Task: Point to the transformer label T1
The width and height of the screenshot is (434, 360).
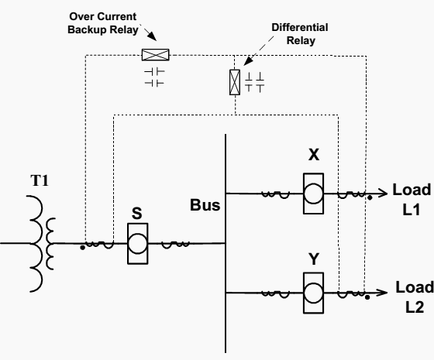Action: tap(40, 180)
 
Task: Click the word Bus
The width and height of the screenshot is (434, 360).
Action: tap(205, 205)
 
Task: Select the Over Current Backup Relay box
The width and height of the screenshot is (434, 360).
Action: tap(155, 55)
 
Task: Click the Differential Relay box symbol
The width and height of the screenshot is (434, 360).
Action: tap(235, 82)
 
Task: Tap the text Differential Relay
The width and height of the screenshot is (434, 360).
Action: tap(300, 34)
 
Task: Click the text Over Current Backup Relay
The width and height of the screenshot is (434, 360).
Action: tap(103, 23)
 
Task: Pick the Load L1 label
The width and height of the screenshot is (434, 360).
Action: tap(412, 200)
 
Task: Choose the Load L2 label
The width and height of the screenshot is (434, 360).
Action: tap(415, 297)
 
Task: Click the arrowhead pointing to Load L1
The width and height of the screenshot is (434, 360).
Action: tap(384, 193)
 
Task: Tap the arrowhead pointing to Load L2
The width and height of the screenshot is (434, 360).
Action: tap(384, 293)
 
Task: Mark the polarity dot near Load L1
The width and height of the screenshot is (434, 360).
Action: tap(370, 197)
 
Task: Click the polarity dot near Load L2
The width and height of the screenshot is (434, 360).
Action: tap(367, 297)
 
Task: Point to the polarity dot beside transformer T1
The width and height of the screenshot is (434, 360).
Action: tap(82, 248)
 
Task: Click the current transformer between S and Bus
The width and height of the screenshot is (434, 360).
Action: tap(175, 245)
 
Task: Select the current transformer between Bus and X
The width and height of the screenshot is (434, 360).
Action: tap(276, 194)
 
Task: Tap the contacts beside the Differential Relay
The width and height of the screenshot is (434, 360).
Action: tap(254, 82)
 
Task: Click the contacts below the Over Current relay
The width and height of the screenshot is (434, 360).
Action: tap(154, 77)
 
